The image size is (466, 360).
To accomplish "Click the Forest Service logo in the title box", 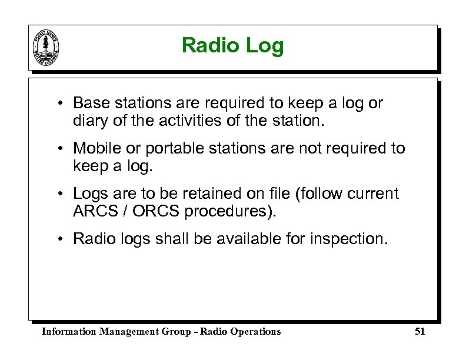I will tap(46, 47).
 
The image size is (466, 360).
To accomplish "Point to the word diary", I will tap(89, 122).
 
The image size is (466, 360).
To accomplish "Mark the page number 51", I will tap(420, 332).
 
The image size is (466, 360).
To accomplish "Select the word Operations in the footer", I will tap(255, 332).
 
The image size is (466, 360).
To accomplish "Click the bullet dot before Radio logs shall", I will tap(61, 239).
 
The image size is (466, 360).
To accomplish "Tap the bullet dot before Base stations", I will tap(61, 104).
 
